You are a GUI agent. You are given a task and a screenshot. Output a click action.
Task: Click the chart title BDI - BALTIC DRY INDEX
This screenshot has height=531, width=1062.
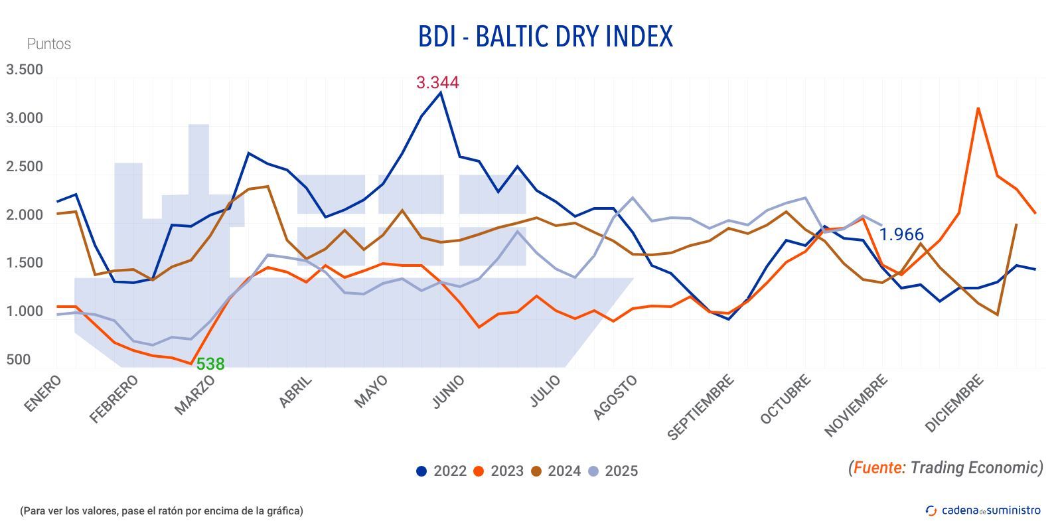pyautogui.click(x=545, y=37)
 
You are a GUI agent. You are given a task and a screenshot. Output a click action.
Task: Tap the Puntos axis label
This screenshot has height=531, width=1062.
pyautogui.click(x=48, y=44)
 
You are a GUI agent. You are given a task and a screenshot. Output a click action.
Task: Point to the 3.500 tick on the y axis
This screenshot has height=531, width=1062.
pyautogui.click(x=25, y=70)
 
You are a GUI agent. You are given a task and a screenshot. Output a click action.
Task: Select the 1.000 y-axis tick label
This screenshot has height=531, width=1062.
pyautogui.click(x=25, y=311)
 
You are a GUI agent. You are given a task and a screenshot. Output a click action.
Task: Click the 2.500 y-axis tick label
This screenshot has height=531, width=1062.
pyautogui.click(x=25, y=167)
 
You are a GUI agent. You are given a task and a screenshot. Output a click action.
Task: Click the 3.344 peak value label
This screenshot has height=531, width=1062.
pyautogui.click(x=437, y=83)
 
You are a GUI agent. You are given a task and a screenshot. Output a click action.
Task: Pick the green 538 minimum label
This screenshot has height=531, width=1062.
pyautogui.click(x=210, y=364)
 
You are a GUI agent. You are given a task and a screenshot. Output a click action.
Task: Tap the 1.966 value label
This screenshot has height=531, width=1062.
pyautogui.click(x=901, y=234)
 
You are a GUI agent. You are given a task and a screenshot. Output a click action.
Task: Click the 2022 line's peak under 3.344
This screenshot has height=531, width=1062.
pyautogui.click(x=441, y=93)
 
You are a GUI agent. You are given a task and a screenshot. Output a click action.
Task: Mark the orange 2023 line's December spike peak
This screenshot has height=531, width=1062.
pyautogui.click(x=978, y=108)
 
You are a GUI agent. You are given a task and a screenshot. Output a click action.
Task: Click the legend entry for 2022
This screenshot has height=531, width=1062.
pyautogui.click(x=441, y=471)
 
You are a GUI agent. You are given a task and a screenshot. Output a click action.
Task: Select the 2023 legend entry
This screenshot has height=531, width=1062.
pyautogui.click(x=498, y=471)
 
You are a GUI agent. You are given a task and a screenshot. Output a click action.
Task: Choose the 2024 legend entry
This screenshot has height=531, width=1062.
pyautogui.click(x=556, y=471)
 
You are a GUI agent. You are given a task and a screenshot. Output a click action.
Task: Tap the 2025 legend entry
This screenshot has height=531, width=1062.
pyautogui.click(x=613, y=471)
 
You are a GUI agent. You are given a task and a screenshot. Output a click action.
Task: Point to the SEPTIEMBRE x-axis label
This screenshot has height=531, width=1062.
pyautogui.click(x=700, y=407)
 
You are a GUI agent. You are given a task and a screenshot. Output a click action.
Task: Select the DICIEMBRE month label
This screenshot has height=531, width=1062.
pyautogui.click(x=954, y=403)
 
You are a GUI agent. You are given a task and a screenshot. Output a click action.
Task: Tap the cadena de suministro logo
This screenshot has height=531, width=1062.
pyautogui.click(x=983, y=510)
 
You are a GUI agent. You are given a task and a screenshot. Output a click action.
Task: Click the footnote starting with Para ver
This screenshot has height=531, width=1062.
pyautogui.click(x=161, y=510)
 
